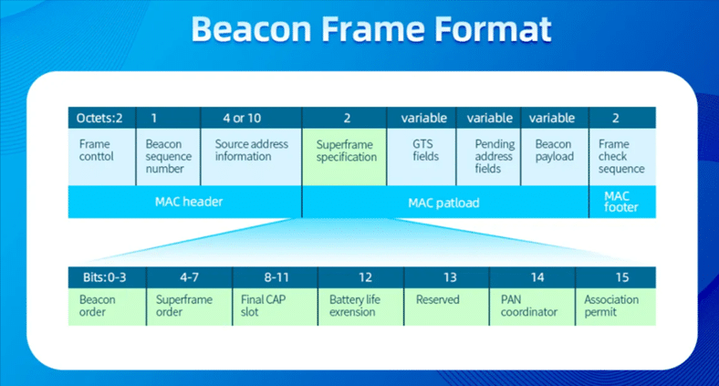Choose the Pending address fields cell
[494, 156]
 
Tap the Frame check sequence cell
[621, 156]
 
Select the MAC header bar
[184, 202]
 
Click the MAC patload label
[444, 202]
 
